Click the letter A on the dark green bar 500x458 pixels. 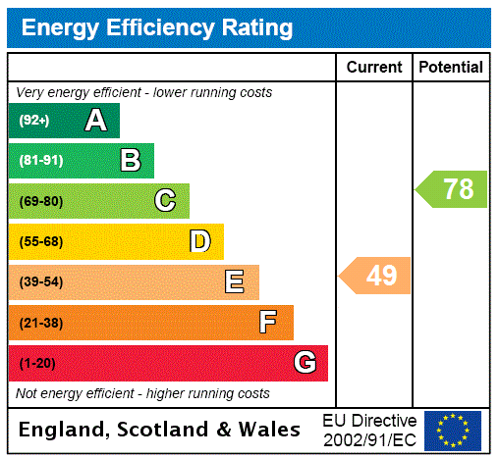point(95,121)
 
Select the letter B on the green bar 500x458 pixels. point(130,161)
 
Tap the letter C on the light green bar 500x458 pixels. point(165,201)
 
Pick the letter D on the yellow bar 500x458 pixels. point(199,241)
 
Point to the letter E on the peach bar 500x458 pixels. point(235,282)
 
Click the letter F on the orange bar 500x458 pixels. point(268,323)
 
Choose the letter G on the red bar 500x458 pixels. point(305,363)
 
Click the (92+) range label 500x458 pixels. point(34,121)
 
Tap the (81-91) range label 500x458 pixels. point(40,161)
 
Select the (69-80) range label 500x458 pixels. point(40,201)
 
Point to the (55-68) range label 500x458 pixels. point(40,241)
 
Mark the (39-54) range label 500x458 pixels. point(40,282)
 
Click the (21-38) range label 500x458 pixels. point(40,323)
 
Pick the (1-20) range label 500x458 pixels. point(37,364)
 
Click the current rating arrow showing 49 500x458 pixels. point(376,276)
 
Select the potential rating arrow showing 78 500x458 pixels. point(453,188)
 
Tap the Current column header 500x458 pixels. point(374,68)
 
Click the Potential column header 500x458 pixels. point(451,68)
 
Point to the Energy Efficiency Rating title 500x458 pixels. point(157,28)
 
